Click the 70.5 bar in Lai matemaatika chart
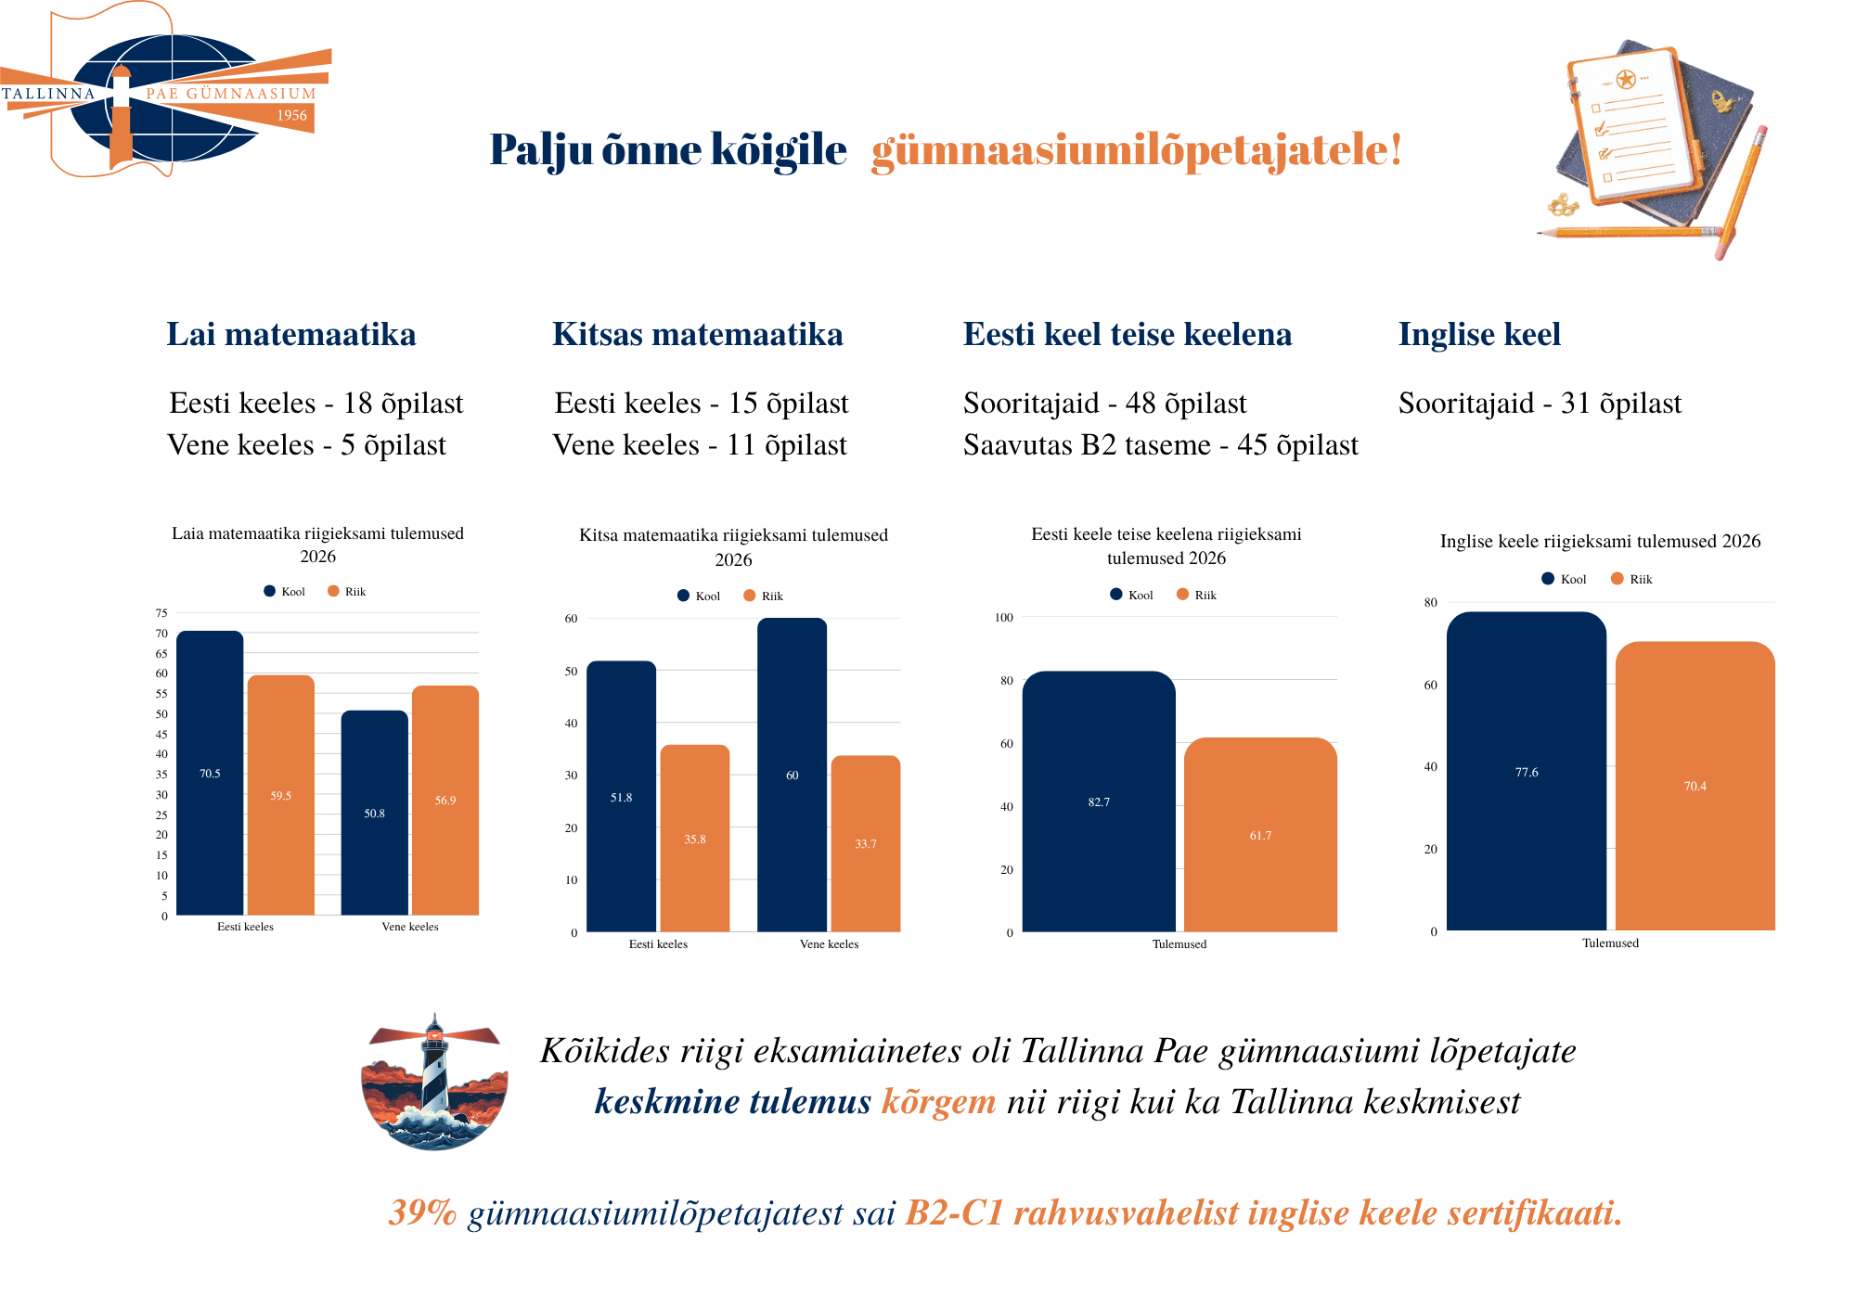(x=210, y=773)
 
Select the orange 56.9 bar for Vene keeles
(x=445, y=800)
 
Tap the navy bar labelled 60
(x=792, y=775)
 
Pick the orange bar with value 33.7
(x=866, y=843)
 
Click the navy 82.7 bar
(x=1099, y=801)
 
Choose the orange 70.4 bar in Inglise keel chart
(x=1695, y=786)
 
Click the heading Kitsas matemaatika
(x=698, y=334)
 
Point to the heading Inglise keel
(x=1479, y=334)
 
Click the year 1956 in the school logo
(x=291, y=115)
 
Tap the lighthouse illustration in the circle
(x=434, y=1082)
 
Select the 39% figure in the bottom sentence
(x=423, y=1212)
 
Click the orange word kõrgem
(x=938, y=1102)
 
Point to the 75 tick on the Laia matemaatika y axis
(x=161, y=613)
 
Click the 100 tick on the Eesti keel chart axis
(x=1004, y=617)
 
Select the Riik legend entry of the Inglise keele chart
(x=1631, y=579)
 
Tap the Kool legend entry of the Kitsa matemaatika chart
(x=699, y=596)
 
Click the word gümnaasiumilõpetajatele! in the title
(x=1136, y=150)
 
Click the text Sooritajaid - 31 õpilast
(x=1540, y=404)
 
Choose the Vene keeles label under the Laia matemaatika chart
(x=410, y=927)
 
